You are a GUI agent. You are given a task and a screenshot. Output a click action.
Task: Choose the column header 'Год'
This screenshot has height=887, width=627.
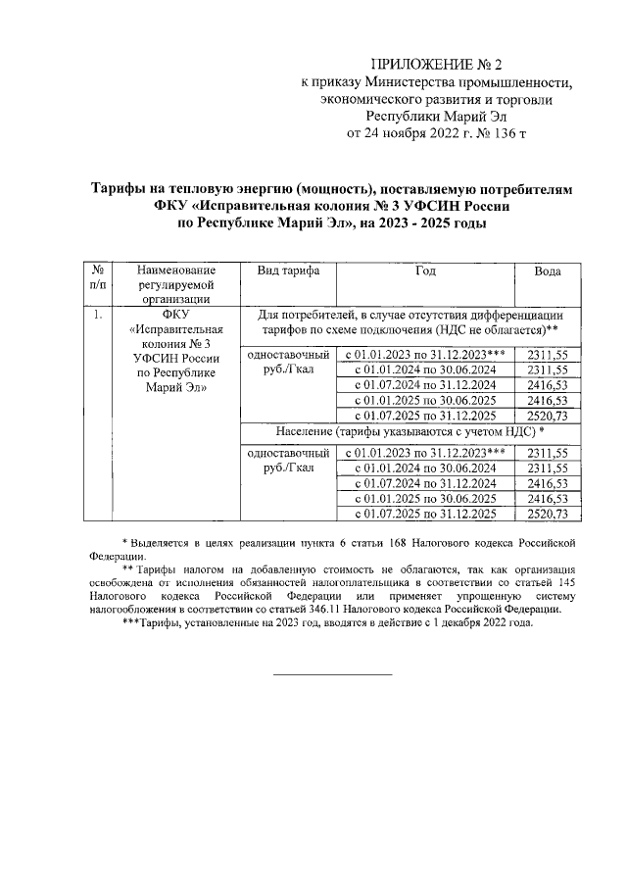click(425, 271)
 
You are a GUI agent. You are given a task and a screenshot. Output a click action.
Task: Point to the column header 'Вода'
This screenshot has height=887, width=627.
click(547, 271)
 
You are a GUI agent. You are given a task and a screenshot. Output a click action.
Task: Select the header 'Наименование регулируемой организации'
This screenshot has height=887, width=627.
click(174, 284)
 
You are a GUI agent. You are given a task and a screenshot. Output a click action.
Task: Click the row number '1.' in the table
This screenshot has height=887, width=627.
click(98, 316)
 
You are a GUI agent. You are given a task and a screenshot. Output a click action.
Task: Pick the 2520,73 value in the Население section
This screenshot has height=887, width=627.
click(547, 514)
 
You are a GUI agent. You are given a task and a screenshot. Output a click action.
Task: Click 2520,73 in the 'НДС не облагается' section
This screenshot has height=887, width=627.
click(547, 416)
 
